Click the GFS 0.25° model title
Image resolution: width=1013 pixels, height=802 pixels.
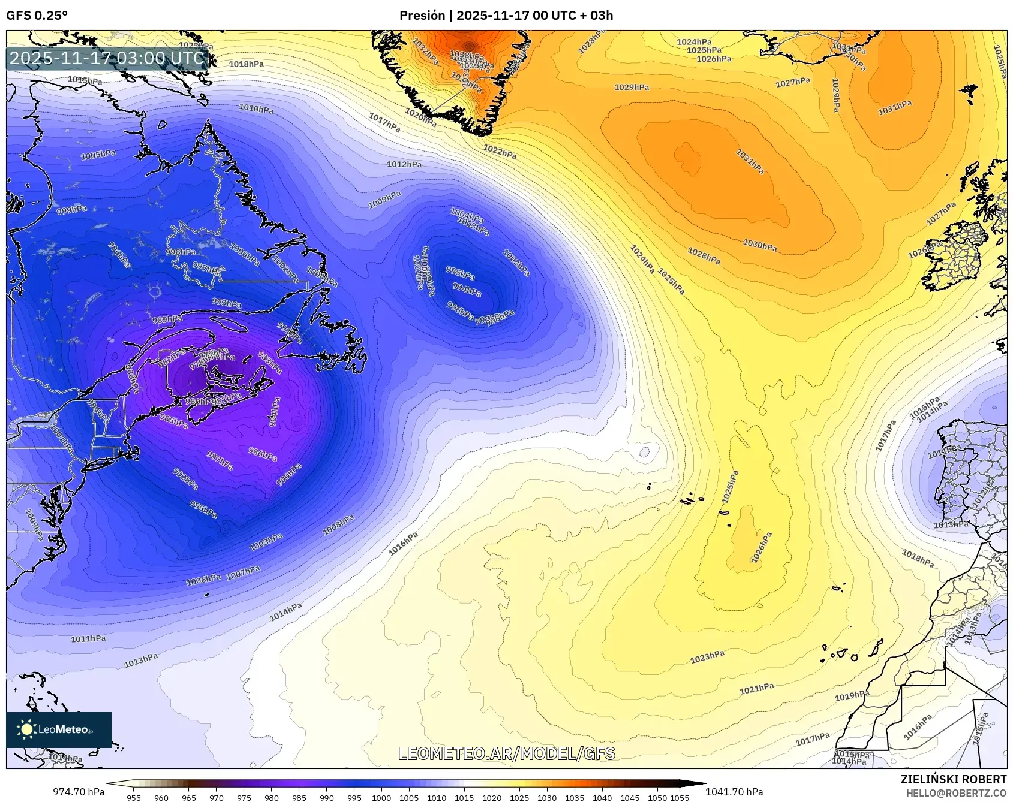(x=37, y=16)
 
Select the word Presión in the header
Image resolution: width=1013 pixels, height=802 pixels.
(x=422, y=16)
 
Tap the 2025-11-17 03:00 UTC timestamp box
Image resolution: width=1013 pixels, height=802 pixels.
(x=107, y=59)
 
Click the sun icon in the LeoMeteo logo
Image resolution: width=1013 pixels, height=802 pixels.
(x=26, y=729)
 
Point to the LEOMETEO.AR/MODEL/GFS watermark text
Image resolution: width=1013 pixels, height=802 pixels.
(x=507, y=753)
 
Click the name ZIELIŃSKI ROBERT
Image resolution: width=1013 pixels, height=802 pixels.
(x=954, y=779)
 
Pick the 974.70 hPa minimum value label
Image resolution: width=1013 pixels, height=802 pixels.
(x=79, y=792)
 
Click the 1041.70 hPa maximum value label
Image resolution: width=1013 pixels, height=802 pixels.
(x=734, y=792)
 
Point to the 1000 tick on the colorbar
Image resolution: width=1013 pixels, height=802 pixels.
(x=381, y=798)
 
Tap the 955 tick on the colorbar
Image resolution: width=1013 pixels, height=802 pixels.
(x=134, y=798)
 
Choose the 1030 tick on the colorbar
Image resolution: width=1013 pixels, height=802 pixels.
(x=546, y=798)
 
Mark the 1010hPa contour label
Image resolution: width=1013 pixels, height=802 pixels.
(x=256, y=108)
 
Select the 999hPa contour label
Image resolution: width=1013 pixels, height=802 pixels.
(x=71, y=210)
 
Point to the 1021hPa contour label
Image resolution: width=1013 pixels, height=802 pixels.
(x=756, y=689)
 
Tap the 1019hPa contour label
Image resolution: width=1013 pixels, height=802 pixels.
(x=852, y=695)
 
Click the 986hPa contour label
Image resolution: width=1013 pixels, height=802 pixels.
(x=262, y=454)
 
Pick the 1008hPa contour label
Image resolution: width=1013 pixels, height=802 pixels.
(x=338, y=525)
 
